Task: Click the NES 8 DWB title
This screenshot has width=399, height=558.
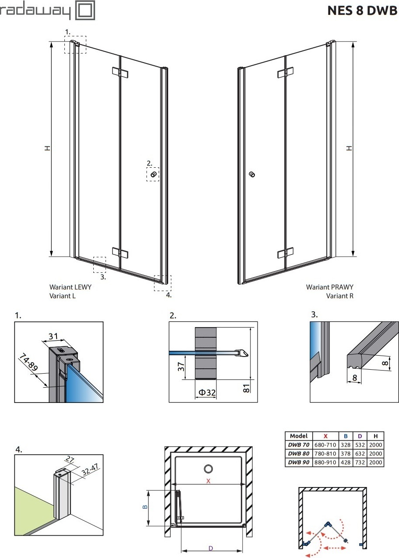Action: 362,11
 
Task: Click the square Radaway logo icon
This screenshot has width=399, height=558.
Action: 85,11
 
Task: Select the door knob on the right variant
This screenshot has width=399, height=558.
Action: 252,174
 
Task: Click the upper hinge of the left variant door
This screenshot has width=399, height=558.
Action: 120,73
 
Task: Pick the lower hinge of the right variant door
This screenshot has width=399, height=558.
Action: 286,253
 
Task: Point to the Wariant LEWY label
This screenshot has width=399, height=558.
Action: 71,287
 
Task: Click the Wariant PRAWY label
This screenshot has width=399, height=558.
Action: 329,287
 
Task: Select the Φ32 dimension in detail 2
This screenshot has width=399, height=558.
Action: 207,392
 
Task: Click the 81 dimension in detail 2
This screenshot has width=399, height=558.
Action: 246,388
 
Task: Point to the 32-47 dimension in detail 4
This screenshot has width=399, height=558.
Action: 90,470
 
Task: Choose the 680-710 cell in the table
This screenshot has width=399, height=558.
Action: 325,445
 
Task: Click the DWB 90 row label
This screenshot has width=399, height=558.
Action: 299,463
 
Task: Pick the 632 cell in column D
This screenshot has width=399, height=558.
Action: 360,454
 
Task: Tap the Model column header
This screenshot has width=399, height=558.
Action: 299,436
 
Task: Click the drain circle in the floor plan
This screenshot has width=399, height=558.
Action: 208,469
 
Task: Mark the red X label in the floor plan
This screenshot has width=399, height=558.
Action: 208,481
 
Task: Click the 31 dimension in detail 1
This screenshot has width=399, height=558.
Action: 53,336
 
